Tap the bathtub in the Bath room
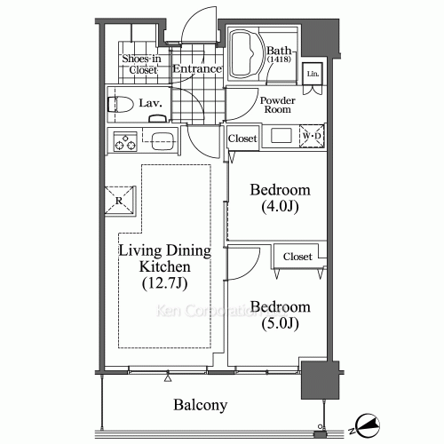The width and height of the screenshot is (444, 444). click(246, 55)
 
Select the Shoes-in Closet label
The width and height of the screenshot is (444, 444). click(140, 64)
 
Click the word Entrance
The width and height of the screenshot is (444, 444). click(196, 68)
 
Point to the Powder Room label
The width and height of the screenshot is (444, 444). click(277, 106)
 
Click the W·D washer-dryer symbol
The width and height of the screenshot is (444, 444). click(312, 137)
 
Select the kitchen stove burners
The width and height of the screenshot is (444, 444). click(121, 140)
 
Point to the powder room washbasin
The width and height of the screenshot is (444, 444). click(281, 136)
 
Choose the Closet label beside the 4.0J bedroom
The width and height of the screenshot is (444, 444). click(242, 139)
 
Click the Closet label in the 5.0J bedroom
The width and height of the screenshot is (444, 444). click(297, 257)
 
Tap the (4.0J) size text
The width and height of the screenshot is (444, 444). click(279, 208)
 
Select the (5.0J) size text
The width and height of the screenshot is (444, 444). click(280, 325)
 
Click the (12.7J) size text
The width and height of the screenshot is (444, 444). click(164, 284)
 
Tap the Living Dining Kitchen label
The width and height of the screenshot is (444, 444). click(164, 258)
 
